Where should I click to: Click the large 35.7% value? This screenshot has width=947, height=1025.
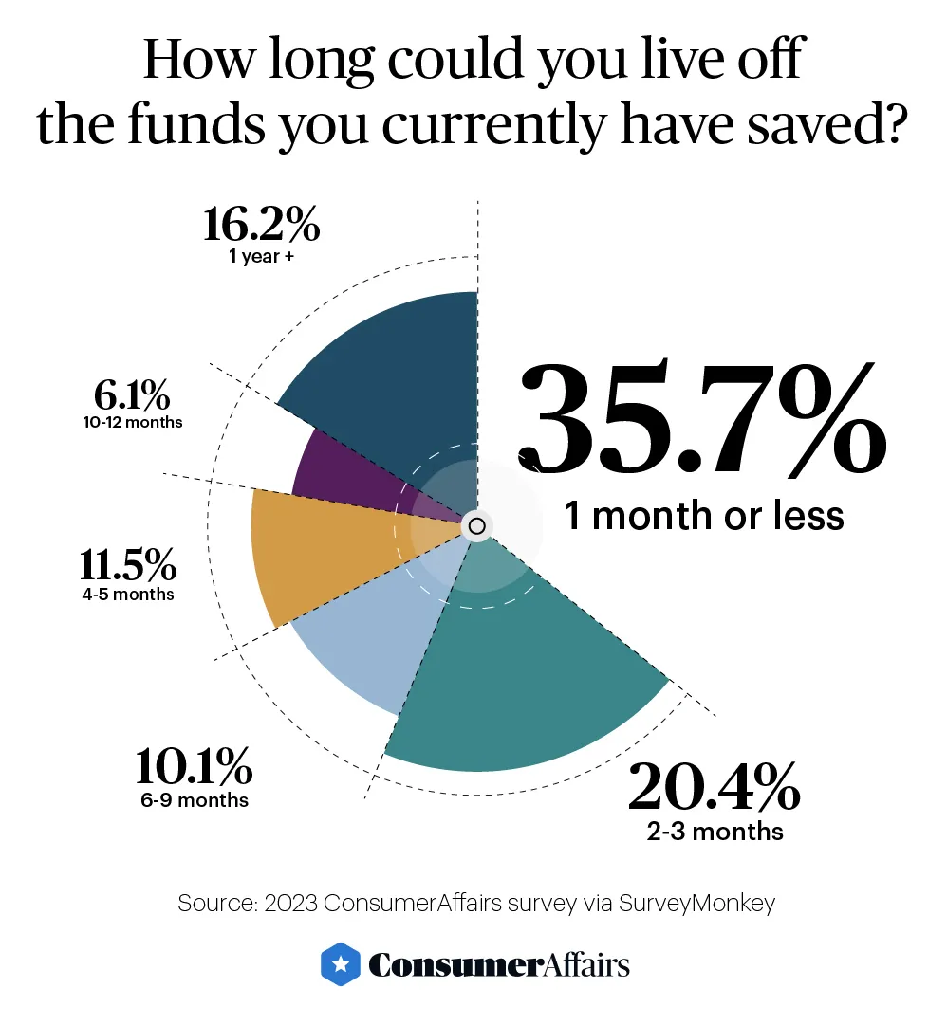coord(701,419)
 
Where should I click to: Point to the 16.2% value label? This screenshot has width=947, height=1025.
coord(261,226)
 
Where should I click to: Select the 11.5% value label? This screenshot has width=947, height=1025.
coord(127,566)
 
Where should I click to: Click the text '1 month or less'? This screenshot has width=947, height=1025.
coord(703,516)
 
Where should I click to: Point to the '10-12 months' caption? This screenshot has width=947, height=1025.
coord(132,422)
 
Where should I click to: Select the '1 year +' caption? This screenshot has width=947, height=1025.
coord(261,257)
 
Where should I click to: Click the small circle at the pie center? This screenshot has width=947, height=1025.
coord(476,525)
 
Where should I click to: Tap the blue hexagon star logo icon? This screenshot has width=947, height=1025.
coord(339,962)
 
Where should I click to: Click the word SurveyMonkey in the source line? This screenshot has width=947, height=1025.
coord(696,903)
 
